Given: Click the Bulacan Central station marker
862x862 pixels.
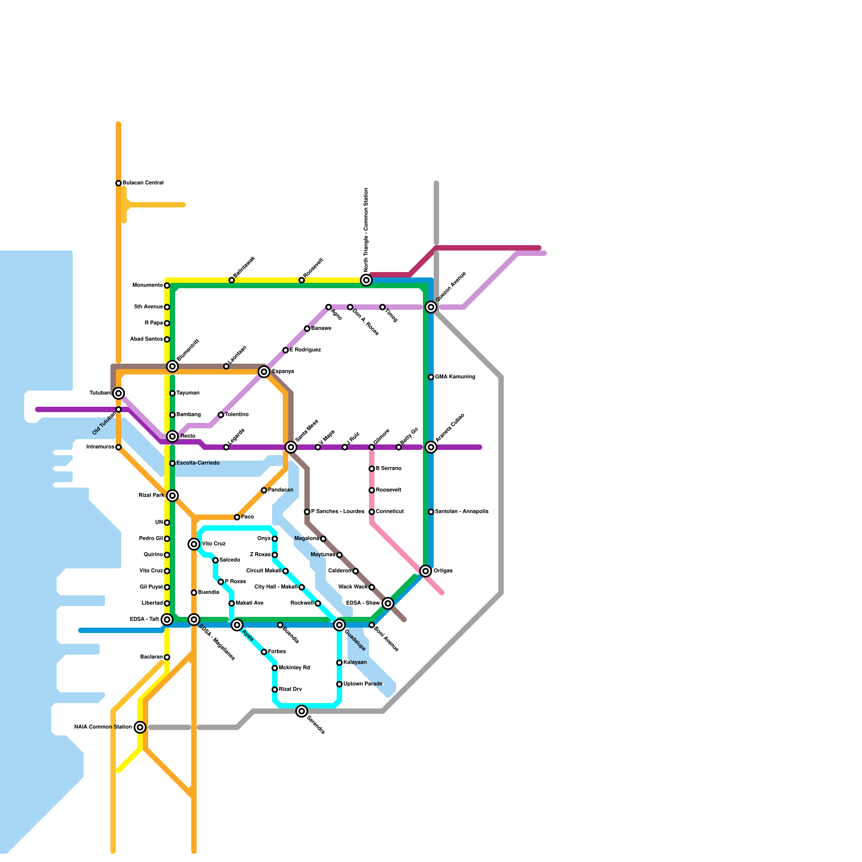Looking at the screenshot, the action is pos(119,183).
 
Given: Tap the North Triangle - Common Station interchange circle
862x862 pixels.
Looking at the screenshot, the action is pos(366,280).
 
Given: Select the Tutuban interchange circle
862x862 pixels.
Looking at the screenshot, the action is pos(119,393).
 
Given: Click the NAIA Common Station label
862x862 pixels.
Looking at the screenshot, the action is pos(103,727).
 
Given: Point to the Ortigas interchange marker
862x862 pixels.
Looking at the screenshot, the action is pos(426,571).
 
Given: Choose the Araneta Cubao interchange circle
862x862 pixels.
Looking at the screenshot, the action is pos(431,447).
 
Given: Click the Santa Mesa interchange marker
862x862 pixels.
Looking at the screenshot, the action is pos(291,447).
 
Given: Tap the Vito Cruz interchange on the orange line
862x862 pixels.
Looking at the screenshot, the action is pos(194,544).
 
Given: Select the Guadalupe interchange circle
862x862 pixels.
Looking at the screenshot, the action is pos(339,625).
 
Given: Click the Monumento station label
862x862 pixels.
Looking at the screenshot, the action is pos(148,286).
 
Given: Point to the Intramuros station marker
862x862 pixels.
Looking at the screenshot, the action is pos(119,447).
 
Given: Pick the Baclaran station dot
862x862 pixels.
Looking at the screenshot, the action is pos(167,657).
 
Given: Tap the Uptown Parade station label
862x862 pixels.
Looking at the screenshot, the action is pos(363,684).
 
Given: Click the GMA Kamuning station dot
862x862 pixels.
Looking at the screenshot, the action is pos(431,377).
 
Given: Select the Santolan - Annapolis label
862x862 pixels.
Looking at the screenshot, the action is pos(461,512).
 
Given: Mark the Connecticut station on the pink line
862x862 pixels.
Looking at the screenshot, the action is pos(372,512).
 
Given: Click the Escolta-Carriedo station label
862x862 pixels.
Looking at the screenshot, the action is pos(198,463).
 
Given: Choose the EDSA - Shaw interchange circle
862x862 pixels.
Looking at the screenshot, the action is pos(388,603).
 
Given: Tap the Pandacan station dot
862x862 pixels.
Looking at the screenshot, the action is pos(264,490).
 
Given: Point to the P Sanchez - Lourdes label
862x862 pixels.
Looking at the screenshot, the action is pos(337,512).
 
